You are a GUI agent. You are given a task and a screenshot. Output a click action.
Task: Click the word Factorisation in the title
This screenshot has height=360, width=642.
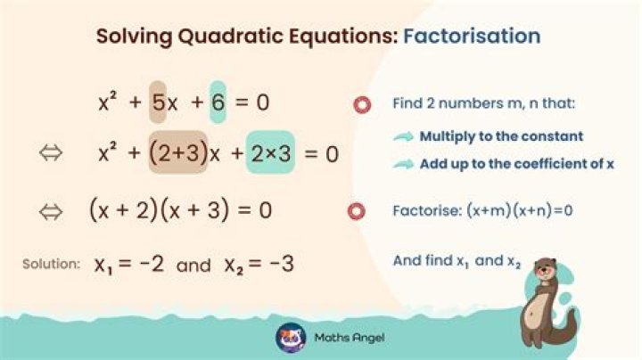click(472, 37)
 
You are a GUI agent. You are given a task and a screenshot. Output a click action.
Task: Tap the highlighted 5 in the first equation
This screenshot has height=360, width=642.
click(158, 102)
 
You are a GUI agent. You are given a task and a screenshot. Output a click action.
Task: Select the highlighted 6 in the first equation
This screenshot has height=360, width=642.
click(218, 102)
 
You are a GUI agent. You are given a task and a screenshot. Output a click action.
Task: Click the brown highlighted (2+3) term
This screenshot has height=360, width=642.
click(177, 154)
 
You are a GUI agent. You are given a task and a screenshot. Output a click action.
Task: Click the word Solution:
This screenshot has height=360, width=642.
click(52, 266)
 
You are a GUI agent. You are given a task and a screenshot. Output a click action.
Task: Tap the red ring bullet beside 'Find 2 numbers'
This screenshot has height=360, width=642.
click(361, 104)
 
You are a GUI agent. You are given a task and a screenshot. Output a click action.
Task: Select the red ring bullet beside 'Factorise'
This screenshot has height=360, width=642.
click(361, 211)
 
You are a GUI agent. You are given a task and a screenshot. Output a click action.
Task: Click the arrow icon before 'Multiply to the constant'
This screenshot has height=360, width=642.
click(404, 136)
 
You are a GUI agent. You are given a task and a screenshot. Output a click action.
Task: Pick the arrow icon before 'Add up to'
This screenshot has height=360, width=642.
click(404, 163)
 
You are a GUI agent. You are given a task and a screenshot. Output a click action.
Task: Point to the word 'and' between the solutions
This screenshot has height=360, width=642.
click(193, 266)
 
